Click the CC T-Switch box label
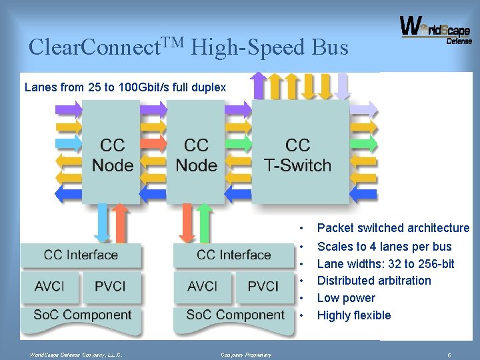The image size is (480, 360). click(297, 155)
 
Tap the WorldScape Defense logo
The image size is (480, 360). click(435, 31)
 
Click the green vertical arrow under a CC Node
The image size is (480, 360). click(205, 222)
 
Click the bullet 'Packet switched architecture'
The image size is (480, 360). click(393, 228)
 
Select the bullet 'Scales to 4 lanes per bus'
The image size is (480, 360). click(384, 247)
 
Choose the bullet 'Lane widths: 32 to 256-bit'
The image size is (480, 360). click(385, 264)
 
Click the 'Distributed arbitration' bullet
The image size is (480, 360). click(374, 281)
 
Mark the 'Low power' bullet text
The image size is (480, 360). click(346, 298)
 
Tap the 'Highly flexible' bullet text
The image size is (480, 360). click(353, 315)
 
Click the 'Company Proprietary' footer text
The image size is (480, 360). click(246, 355)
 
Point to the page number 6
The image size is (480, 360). click(449, 355)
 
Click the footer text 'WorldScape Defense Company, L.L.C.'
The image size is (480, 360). click(71, 355)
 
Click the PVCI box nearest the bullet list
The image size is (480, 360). click(263, 286)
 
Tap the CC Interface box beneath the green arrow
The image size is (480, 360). click(233, 255)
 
